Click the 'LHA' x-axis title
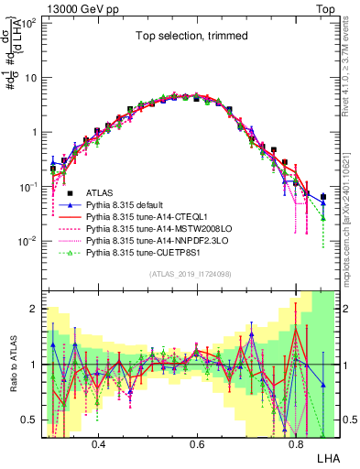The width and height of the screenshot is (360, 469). pyautogui.click(x=327, y=455)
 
